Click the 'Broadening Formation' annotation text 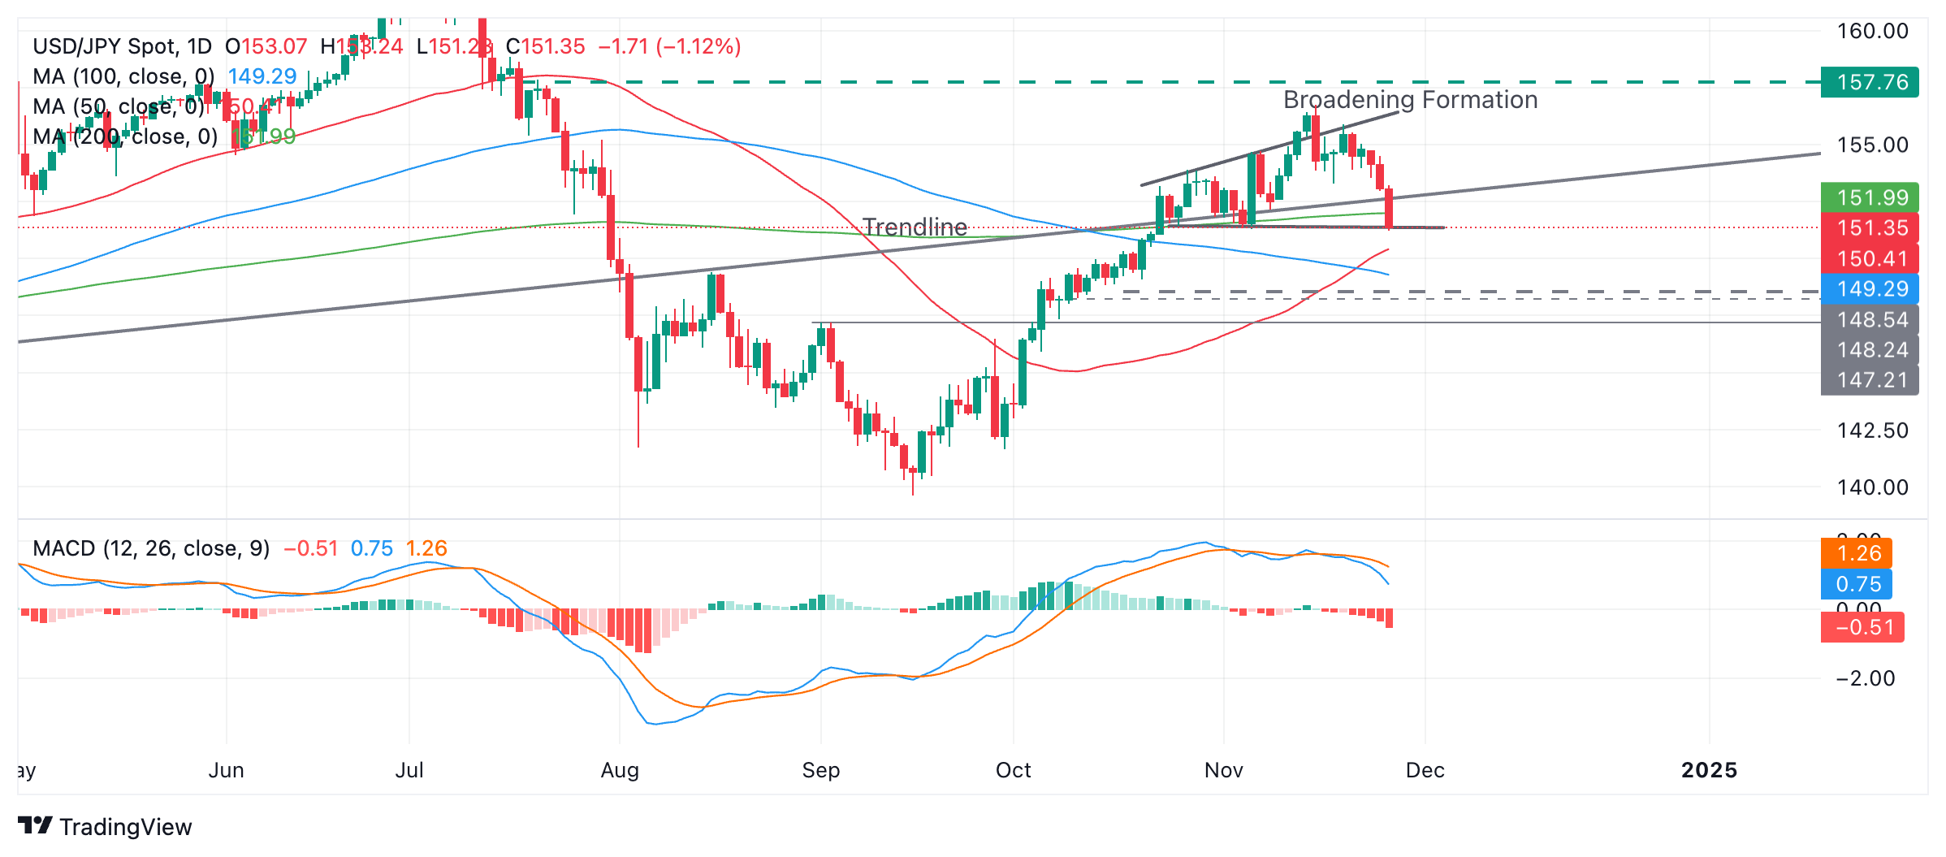[x=1410, y=100]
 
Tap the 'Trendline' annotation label [x=915, y=227]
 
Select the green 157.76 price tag [x=1870, y=82]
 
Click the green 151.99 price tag [x=1870, y=197]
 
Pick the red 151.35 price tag [x=1870, y=228]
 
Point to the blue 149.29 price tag [x=1870, y=288]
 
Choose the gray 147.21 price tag [x=1870, y=379]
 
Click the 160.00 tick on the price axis [x=1873, y=31]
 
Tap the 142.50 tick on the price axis [x=1873, y=430]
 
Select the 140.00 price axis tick [x=1873, y=487]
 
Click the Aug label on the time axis [x=620, y=770]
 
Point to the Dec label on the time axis [x=1425, y=770]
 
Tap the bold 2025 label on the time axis [x=1709, y=770]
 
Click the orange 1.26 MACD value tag [x=1857, y=553]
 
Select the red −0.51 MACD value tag [x=1862, y=627]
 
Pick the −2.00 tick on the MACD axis [x=1865, y=678]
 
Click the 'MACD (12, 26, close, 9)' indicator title [x=151, y=548]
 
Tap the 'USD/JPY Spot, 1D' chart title [x=122, y=46]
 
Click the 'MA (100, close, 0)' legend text [x=123, y=76]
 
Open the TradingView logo [x=105, y=826]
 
